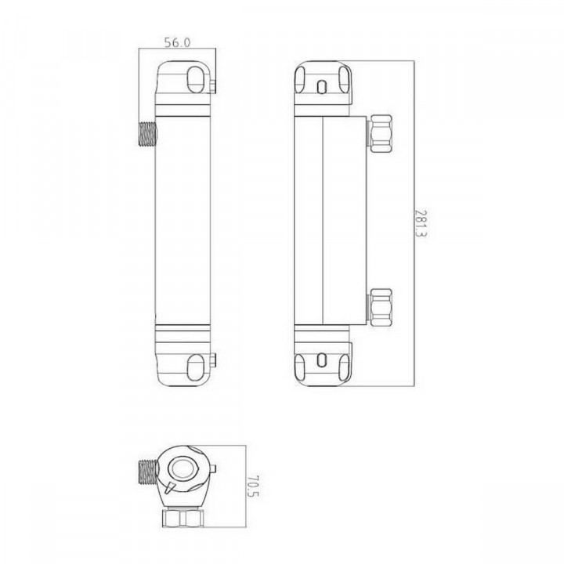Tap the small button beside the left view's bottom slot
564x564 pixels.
(x=211, y=361)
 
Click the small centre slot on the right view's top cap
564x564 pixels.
(x=323, y=85)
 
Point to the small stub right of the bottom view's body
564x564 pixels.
(x=212, y=470)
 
